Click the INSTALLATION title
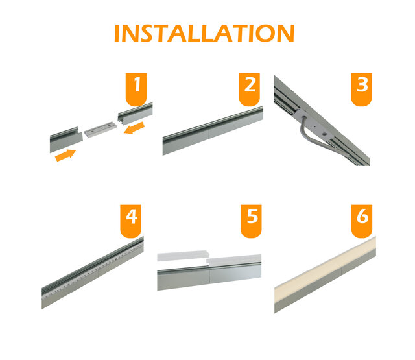pos(204,33)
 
